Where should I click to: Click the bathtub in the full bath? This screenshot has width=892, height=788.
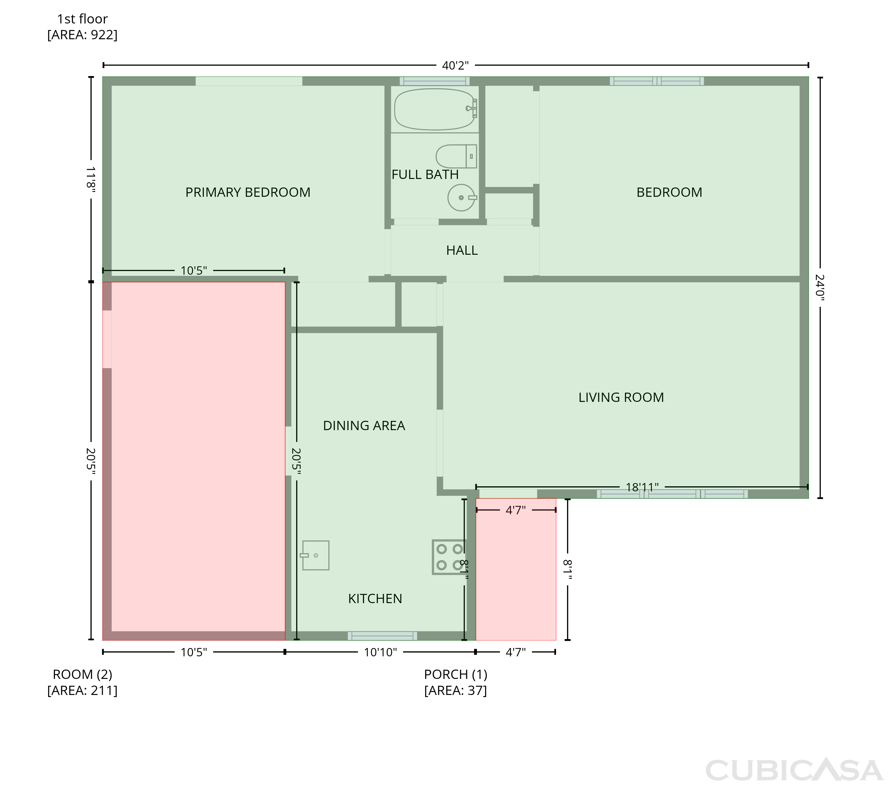435,109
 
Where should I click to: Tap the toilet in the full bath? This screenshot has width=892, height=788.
456,156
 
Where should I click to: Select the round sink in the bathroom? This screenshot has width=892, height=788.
462,198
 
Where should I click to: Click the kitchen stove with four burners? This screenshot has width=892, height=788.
449,557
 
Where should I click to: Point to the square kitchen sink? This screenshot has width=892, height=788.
315,556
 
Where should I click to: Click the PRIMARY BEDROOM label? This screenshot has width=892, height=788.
248,192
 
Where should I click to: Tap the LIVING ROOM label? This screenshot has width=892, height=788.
621,397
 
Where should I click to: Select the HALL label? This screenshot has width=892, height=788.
462,251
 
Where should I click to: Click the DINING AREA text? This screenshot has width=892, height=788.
364,426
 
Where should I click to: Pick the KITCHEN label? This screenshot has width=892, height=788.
375,599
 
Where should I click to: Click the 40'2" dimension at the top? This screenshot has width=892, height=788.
455,65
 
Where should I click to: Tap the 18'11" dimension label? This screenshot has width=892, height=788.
642,487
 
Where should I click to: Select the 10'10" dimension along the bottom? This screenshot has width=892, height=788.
380,652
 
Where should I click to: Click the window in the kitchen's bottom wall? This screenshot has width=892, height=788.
382,636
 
